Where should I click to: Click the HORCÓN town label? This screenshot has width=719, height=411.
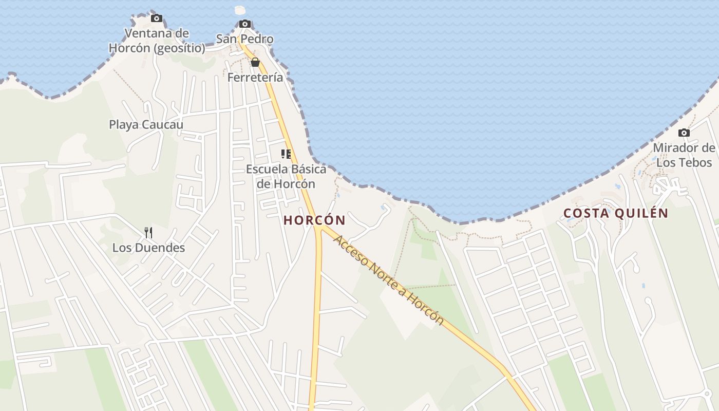pyautogui.click(x=314, y=220)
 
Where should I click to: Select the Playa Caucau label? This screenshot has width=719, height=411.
pyautogui.click(x=146, y=124)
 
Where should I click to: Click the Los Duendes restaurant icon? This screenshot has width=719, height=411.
pyautogui.click(x=148, y=233)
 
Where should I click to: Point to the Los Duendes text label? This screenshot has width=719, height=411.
pyautogui.click(x=148, y=248)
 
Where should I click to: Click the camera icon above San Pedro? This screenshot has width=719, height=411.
pyautogui.click(x=245, y=24)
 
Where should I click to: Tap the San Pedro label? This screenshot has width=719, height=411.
pyautogui.click(x=244, y=39)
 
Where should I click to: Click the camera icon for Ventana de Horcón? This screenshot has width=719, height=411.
pyautogui.click(x=157, y=18)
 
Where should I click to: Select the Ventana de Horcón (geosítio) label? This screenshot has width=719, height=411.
pyautogui.click(x=157, y=41)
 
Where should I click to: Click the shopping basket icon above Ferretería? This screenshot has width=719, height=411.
pyautogui.click(x=255, y=63)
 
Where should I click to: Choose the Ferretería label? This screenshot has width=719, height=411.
pyautogui.click(x=255, y=78)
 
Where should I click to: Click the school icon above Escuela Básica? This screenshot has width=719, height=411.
pyautogui.click(x=286, y=154)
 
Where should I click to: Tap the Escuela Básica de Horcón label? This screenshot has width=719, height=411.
pyautogui.click(x=286, y=176)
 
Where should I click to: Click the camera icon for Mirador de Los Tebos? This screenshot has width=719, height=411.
pyautogui.click(x=684, y=133)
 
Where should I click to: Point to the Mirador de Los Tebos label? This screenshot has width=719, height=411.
pyautogui.click(x=684, y=155)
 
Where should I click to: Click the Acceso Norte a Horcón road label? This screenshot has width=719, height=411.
pyautogui.click(x=388, y=280)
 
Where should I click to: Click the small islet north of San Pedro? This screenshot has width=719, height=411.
pyautogui.click(x=240, y=10)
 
